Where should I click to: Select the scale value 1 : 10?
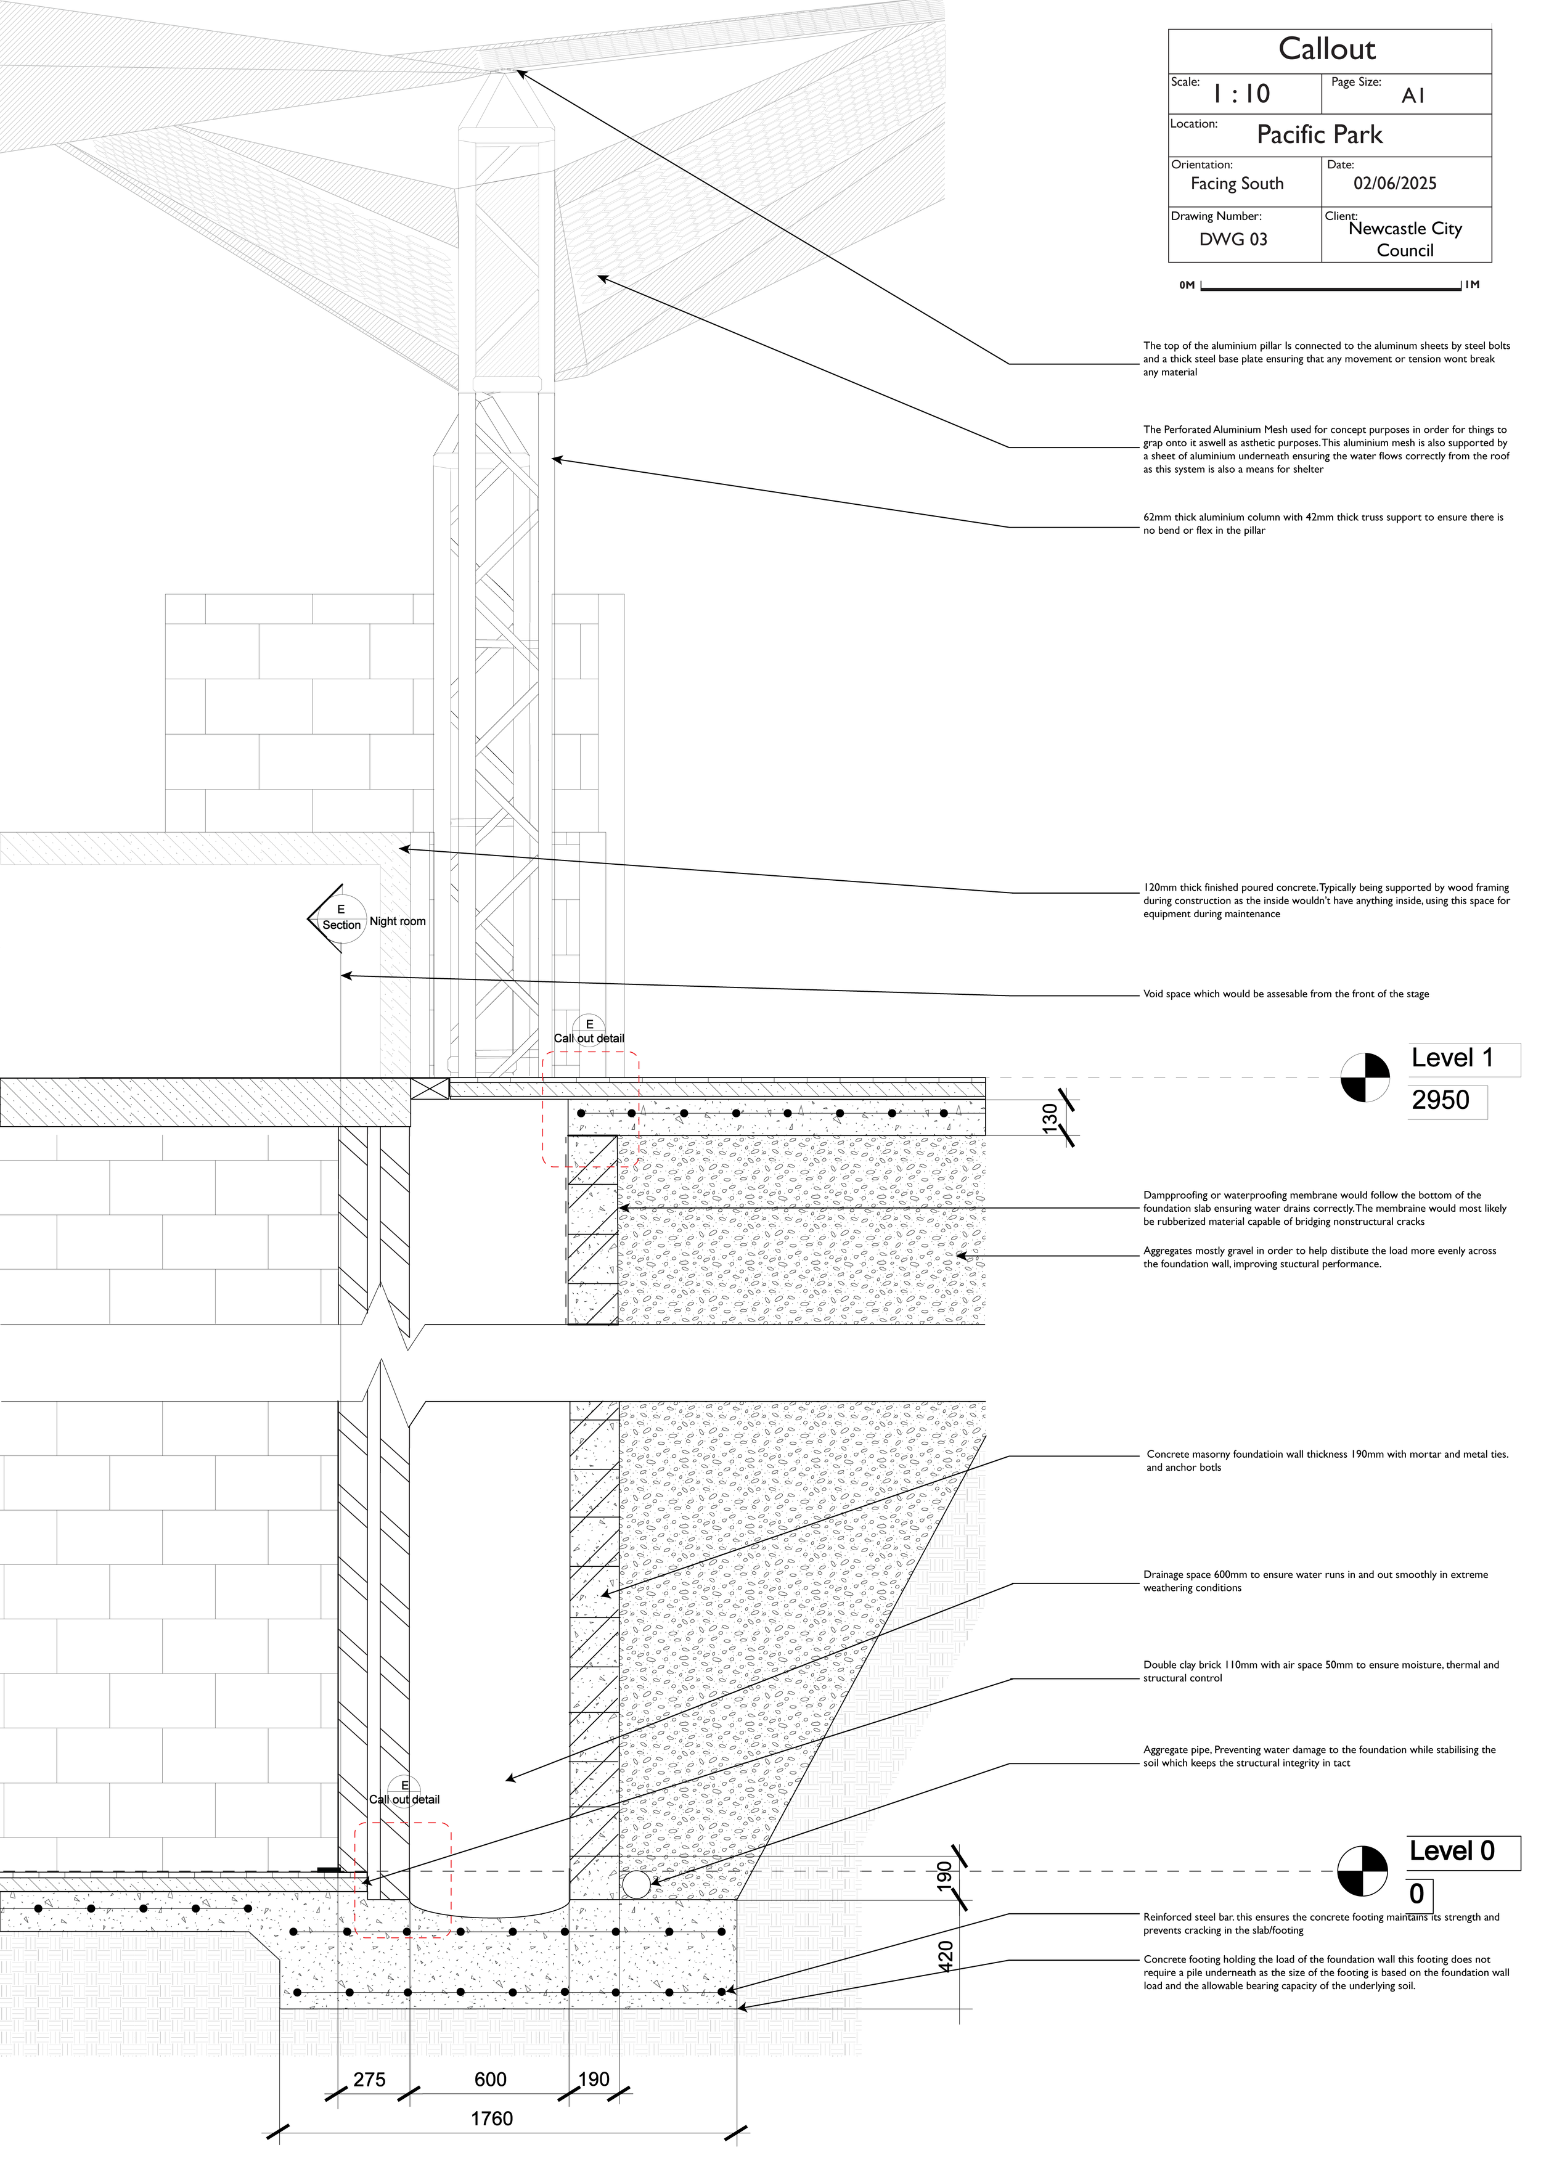tap(1241, 94)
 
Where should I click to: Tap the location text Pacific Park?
tap(1320, 135)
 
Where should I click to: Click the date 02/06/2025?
tap(1394, 184)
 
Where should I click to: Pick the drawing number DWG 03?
tap(1233, 240)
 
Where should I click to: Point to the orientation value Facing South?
tap(1236, 184)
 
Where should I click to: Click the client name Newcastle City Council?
tap(1404, 240)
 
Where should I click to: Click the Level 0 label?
tap(1452, 1850)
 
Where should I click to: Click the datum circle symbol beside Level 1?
tap(1365, 1077)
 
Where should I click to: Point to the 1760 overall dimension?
tap(491, 2119)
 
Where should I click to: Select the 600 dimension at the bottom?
tap(491, 2079)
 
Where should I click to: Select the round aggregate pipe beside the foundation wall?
tap(636, 1884)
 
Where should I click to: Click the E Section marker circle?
tap(341, 918)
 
